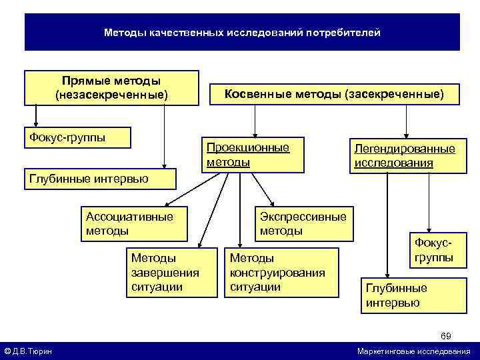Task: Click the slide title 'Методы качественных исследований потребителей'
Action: tap(242, 32)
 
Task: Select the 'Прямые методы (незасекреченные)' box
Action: tap(112, 88)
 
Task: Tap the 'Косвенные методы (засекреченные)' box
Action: tap(333, 94)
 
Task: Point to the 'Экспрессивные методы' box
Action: tap(303, 223)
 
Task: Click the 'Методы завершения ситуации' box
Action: tap(165, 272)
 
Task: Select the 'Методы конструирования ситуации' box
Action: tap(281, 272)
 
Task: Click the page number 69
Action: tap(446, 334)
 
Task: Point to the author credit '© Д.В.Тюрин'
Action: tap(29, 351)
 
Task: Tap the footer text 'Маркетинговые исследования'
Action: tap(413, 351)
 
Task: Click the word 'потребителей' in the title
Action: tap(343, 32)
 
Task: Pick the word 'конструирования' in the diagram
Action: tap(277, 272)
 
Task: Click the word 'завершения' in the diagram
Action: tap(165, 272)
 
